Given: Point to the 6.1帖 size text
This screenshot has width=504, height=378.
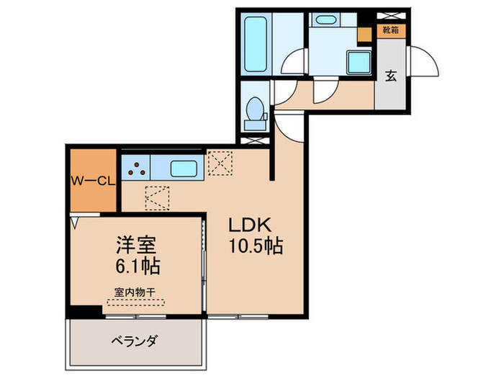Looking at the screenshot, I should click(136, 266).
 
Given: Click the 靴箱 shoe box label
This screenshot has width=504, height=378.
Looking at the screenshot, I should click(391, 30).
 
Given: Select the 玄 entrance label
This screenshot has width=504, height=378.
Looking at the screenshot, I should click(390, 74).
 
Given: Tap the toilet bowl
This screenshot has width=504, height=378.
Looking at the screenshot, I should click(254, 112).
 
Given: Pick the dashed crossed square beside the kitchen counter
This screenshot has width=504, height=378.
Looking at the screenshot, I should click(219, 162).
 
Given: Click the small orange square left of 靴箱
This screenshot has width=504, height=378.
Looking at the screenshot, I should click(364, 32).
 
